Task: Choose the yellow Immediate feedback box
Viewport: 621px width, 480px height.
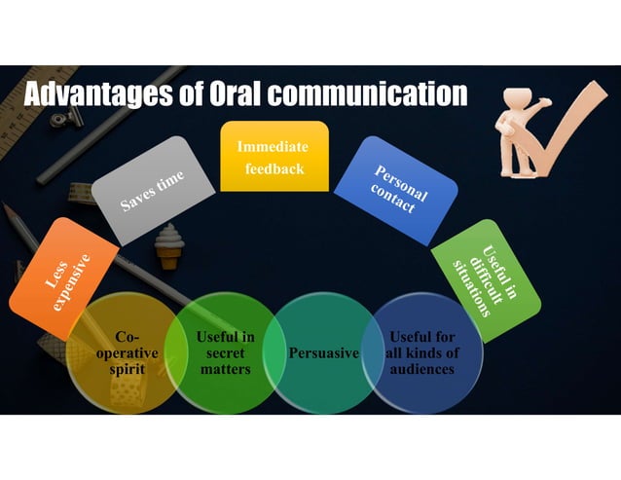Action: pos(274,157)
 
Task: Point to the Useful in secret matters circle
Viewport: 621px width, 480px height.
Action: pos(225,351)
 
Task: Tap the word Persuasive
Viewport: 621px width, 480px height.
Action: pos(324,351)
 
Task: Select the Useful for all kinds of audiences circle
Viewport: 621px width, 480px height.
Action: pos(421,351)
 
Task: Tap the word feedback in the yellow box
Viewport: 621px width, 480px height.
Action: pos(274,167)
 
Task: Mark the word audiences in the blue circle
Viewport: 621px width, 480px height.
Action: pos(421,369)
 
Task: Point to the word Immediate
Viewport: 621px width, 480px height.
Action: pos(274,147)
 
